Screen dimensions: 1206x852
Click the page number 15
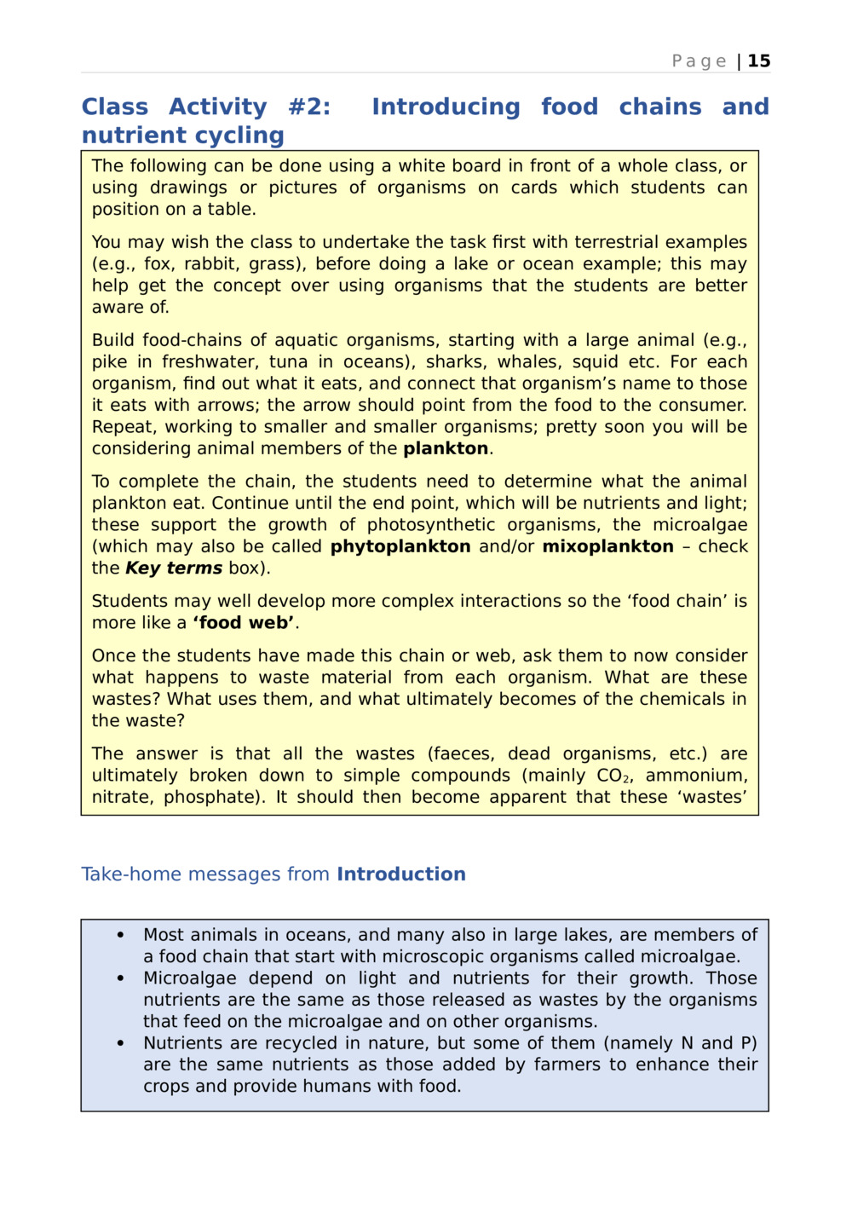[759, 61]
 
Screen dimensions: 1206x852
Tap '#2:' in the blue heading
[308, 107]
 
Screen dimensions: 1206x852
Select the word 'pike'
[109, 362]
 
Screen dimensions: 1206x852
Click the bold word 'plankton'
[446, 449]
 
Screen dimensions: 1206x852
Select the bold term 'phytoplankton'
[400, 547]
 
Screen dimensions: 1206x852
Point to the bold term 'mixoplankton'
[607, 547]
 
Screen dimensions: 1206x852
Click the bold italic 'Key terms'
[174, 568]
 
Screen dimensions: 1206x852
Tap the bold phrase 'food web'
[245, 623]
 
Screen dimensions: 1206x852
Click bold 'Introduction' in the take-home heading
[400, 874]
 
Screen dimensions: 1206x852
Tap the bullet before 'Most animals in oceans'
[120, 936]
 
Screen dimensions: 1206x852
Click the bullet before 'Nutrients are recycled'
[120, 1044]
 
